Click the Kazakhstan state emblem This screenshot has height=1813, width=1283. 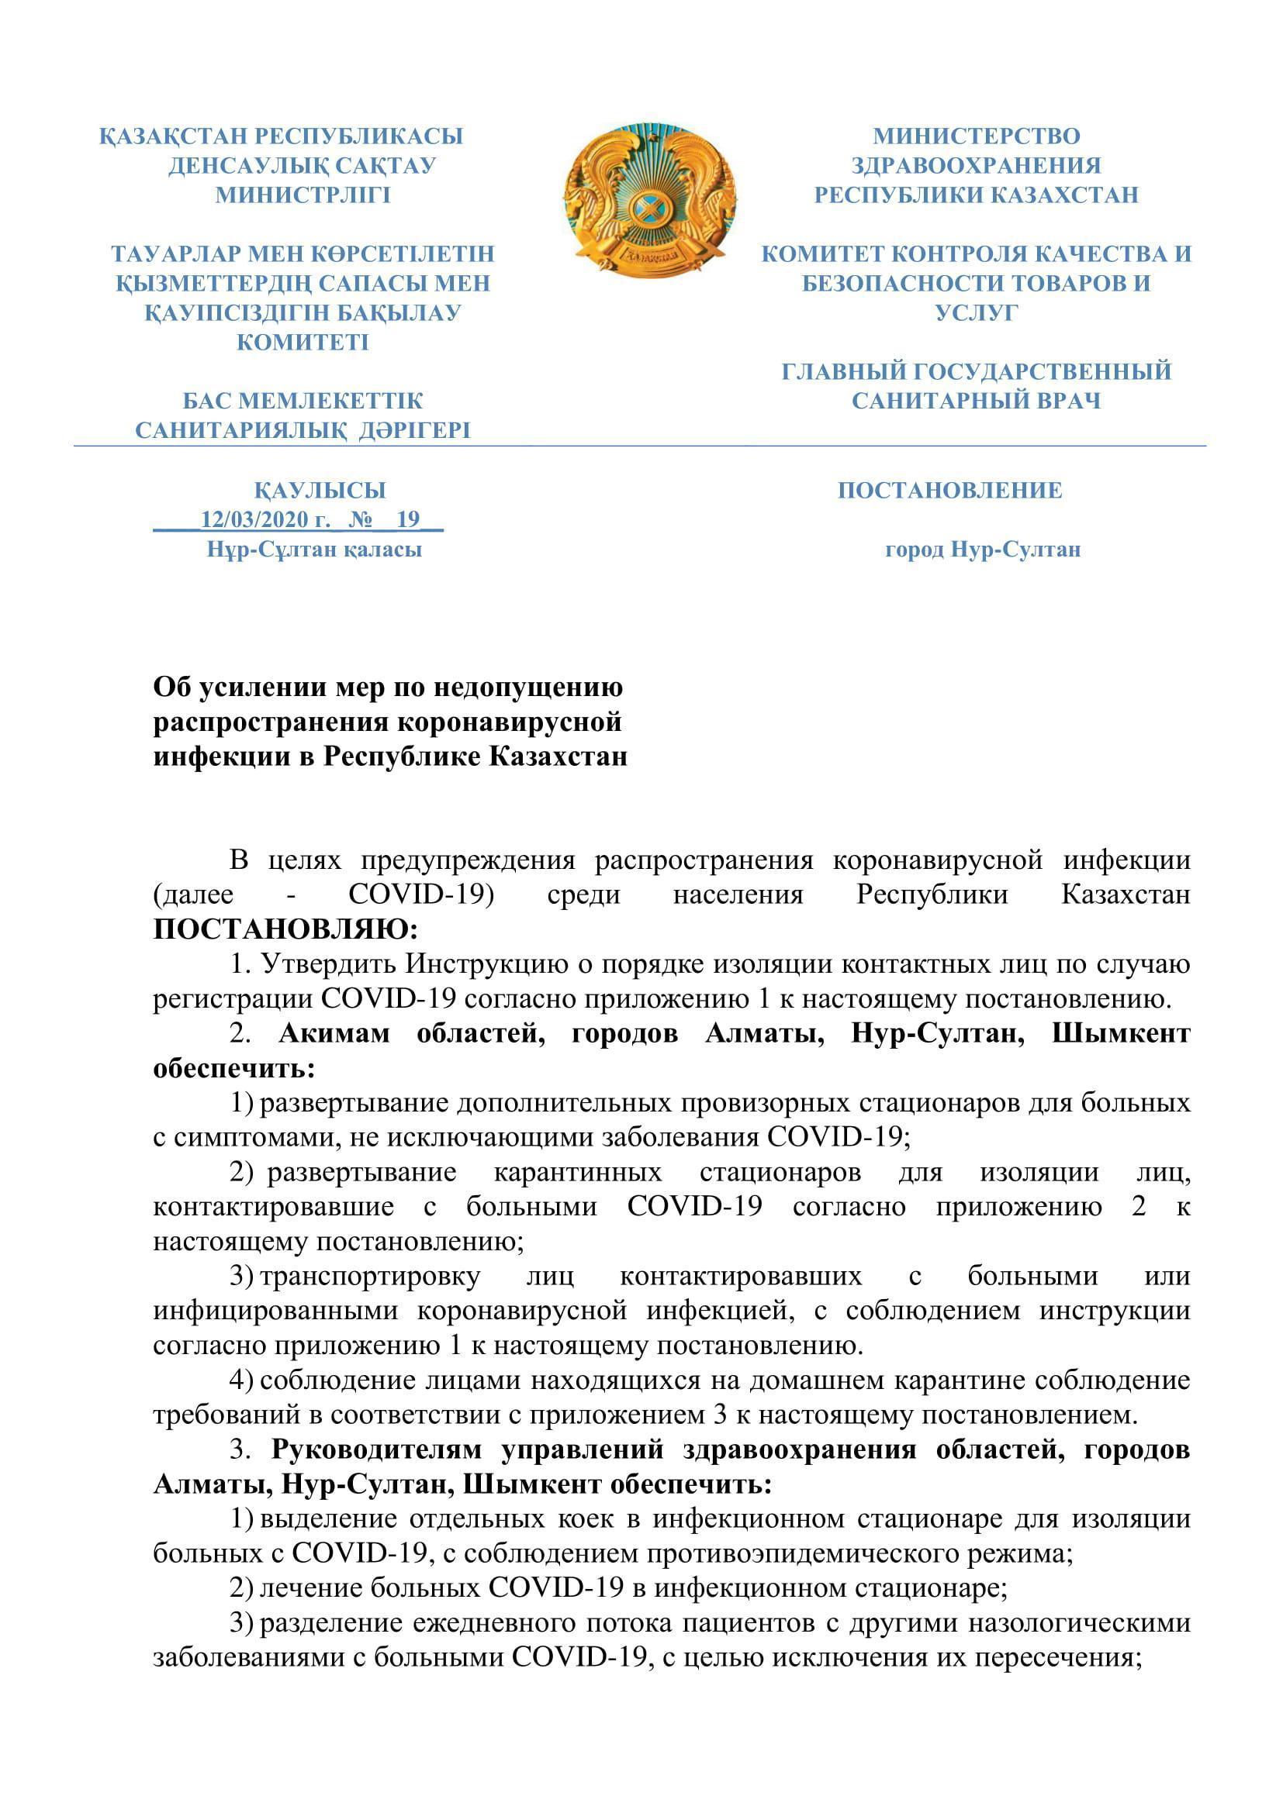tap(650, 202)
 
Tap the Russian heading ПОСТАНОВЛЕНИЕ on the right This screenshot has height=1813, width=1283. tap(949, 491)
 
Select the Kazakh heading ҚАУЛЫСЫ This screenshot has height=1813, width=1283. tap(320, 491)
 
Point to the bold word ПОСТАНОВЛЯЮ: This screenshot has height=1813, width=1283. tap(285, 929)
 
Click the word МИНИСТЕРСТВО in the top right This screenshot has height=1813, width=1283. tap(977, 136)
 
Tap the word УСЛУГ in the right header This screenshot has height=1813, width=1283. tap(977, 312)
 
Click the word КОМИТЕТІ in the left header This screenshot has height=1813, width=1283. tap(303, 343)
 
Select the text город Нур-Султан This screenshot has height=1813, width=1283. tap(983, 550)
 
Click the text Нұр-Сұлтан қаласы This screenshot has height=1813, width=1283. tap(314, 550)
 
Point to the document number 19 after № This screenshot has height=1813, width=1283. tap(409, 519)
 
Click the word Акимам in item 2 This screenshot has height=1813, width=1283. tap(334, 1034)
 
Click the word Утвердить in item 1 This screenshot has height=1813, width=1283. tap(330, 964)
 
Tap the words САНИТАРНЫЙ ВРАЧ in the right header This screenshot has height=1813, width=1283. tap(977, 402)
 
